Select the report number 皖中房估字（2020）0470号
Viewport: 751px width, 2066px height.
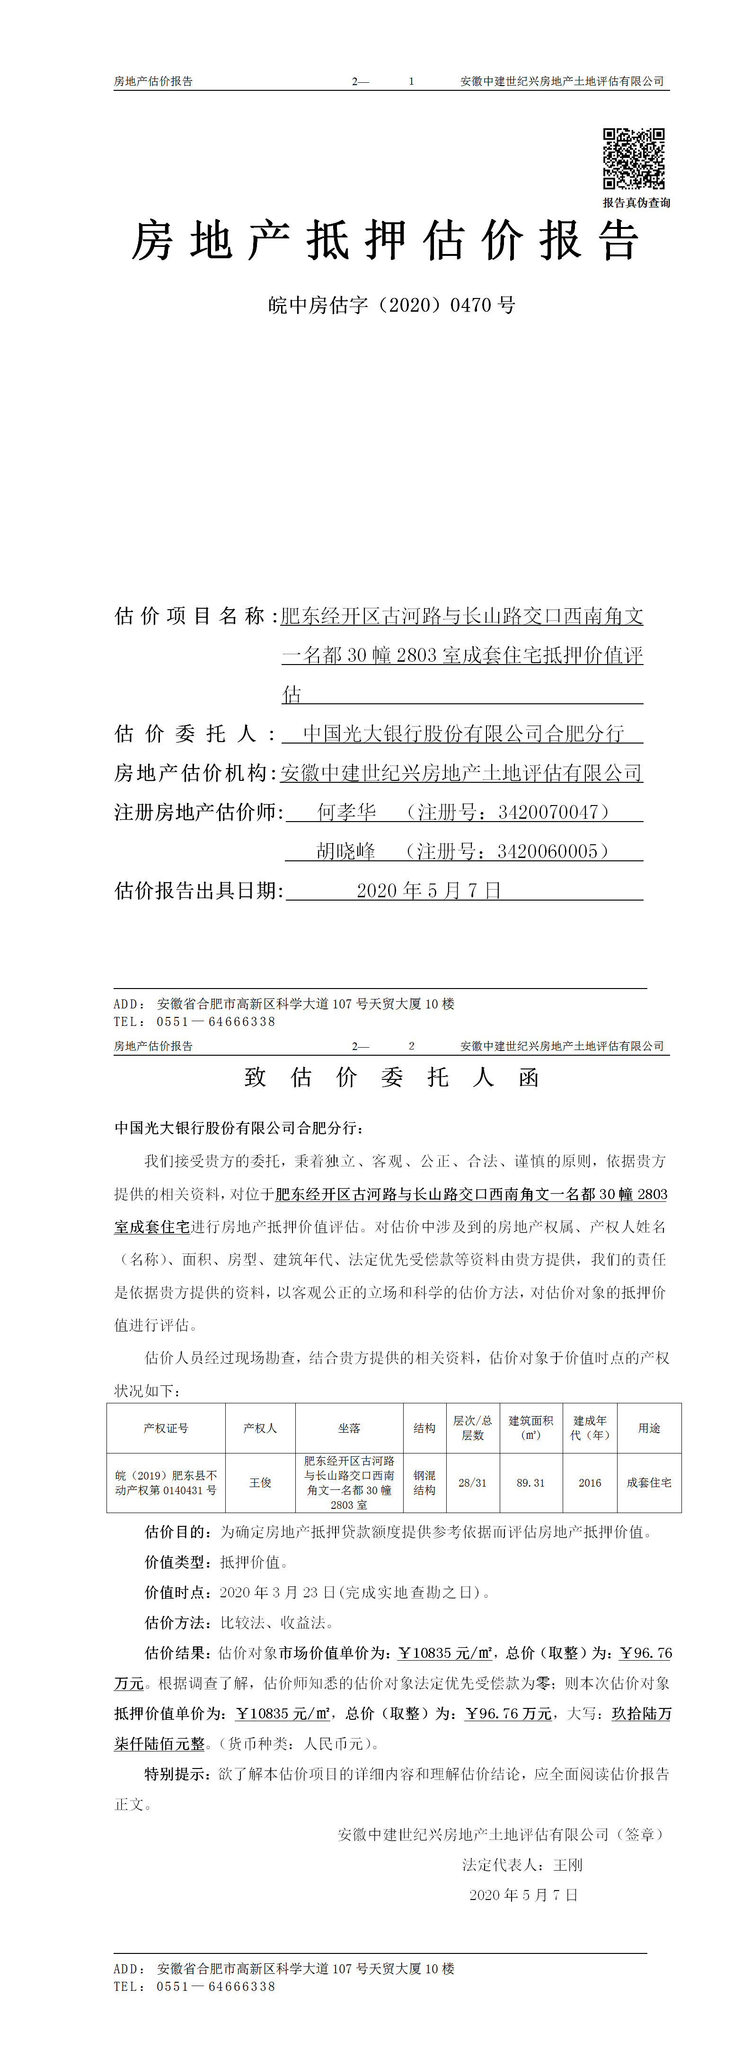click(391, 306)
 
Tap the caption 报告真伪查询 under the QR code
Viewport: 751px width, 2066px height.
click(636, 203)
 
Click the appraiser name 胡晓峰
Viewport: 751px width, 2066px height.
click(346, 852)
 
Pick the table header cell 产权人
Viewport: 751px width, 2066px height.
click(260, 1428)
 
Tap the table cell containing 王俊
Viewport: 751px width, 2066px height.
click(260, 1483)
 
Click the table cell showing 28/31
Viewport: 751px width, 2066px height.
click(473, 1483)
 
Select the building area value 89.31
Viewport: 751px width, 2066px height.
click(530, 1483)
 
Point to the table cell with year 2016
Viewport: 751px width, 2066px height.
click(590, 1483)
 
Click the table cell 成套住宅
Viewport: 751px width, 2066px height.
click(649, 1483)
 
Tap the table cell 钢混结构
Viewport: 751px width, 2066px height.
click(424, 1483)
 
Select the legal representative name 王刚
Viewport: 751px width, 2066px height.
click(568, 1865)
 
